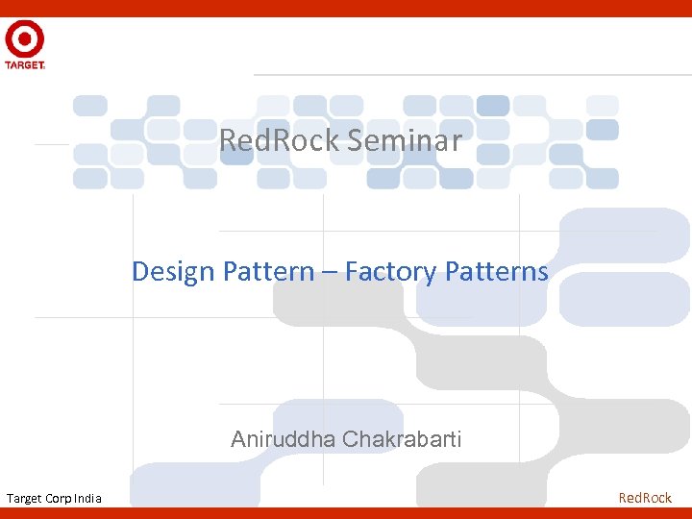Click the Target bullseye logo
(x=24, y=39)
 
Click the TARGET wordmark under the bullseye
(x=24, y=65)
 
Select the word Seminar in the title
(x=405, y=141)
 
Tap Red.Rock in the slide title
(x=280, y=141)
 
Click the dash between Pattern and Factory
(x=329, y=273)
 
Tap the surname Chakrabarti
(x=403, y=440)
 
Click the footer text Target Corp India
(x=54, y=498)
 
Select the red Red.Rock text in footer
(x=645, y=498)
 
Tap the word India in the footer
(x=87, y=498)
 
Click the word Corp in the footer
(x=58, y=498)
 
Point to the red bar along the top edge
(x=346, y=8)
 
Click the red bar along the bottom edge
(x=346, y=512)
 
